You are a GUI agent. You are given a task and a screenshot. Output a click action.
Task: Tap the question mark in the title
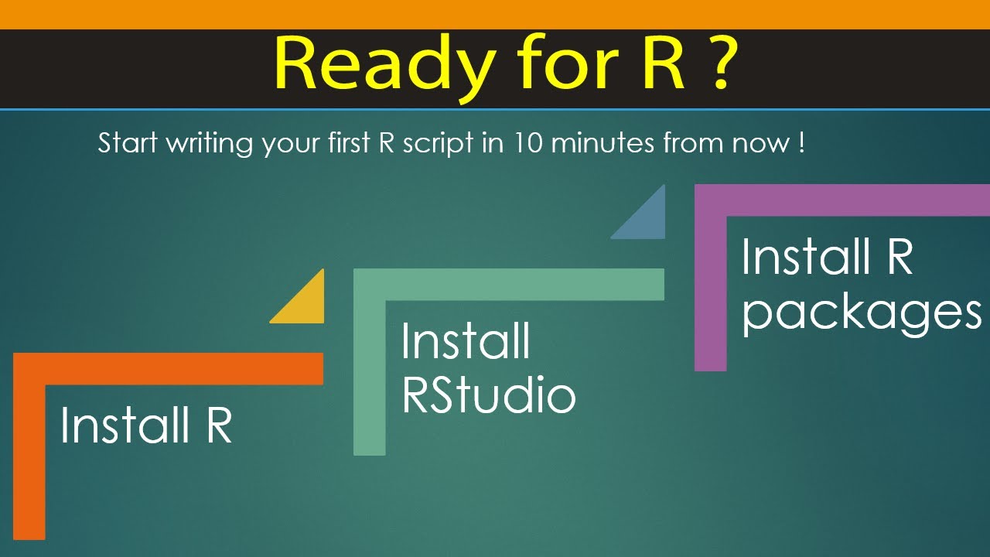[x=716, y=64]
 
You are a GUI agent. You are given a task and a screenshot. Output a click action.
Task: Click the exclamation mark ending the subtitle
[x=801, y=144]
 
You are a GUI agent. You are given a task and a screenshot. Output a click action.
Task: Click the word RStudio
[x=489, y=395]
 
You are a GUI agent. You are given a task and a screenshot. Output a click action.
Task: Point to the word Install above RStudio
[x=466, y=341]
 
